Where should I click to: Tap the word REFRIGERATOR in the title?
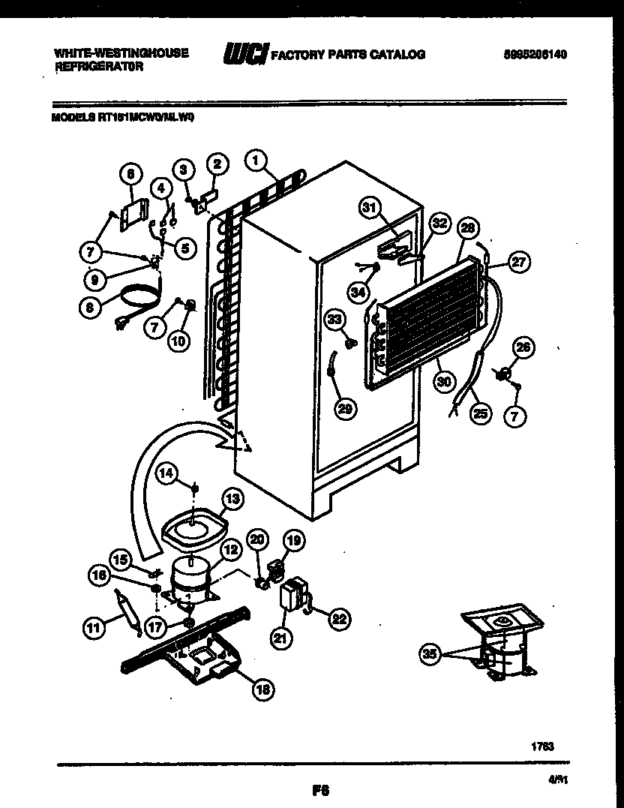click(x=99, y=66)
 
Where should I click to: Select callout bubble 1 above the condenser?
click(x=256, y=159)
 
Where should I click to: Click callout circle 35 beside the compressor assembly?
click(x=429, y=654)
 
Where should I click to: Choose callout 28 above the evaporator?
click(x=468, y=229)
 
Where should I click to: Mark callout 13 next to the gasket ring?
click(x=232, y=497)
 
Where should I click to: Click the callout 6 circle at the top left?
click(x=131, y=174)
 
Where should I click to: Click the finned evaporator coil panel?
click(x=427, y=315)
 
